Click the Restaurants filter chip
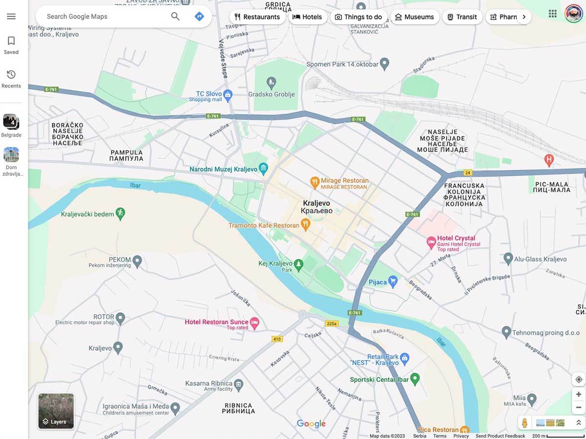257,17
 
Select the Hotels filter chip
307,17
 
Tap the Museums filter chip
414,17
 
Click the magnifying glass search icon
175,17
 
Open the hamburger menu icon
11,17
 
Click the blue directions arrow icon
199,17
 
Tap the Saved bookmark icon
11,41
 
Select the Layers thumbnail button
56,411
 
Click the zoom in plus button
579,394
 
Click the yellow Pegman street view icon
524,423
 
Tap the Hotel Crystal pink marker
431,241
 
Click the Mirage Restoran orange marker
315,182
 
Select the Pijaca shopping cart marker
393,281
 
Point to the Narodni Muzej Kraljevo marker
264,169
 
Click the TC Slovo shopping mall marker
228,94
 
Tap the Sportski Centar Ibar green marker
415,378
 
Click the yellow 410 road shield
277,339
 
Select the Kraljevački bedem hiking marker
120,213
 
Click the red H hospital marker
549,159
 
